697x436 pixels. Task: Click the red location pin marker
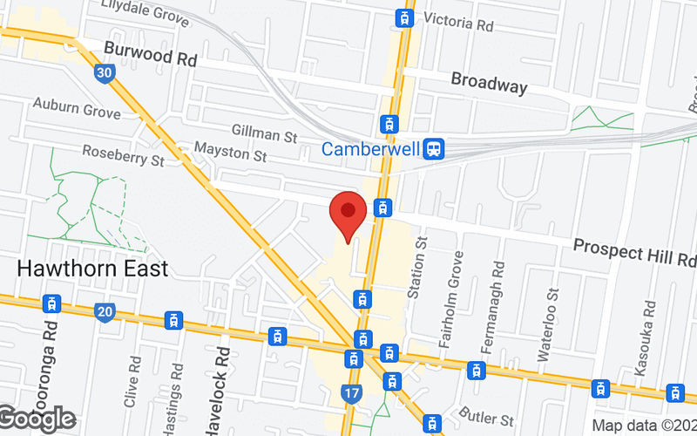click(x=348, y=215)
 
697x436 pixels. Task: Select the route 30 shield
click(x=104, y=74)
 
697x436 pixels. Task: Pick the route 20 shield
click(x=105, y=311)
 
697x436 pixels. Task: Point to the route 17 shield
click(x=352, y=394)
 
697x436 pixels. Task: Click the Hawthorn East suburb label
click(x=92, y=267)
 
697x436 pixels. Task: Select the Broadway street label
click(x=489, y=84)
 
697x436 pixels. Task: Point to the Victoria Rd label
click(x=458, y=22)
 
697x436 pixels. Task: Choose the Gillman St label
click(x=265, y=135)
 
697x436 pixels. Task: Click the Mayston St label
click(x=230, y=154)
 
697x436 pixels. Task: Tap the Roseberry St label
click(x=123, y=155)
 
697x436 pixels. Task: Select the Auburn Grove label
click(x=77, y=108)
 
